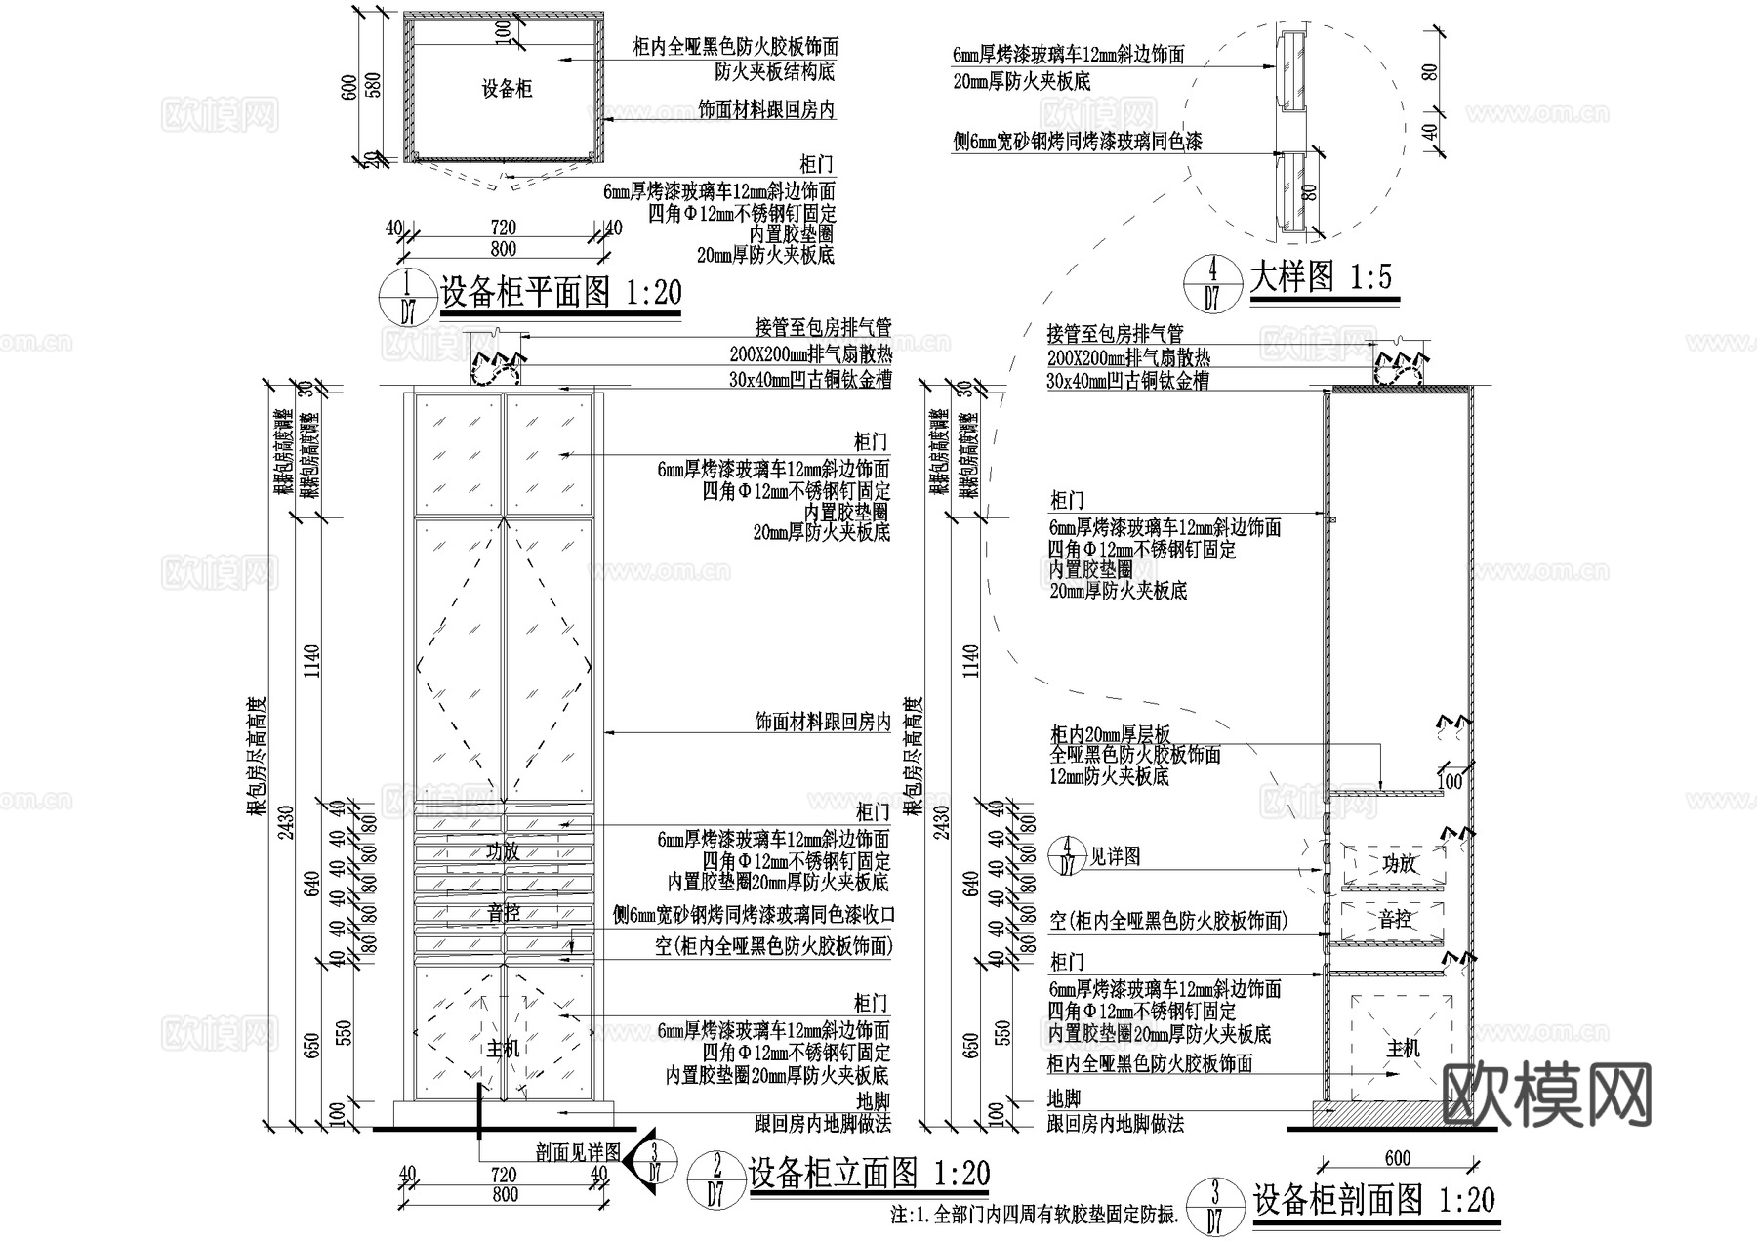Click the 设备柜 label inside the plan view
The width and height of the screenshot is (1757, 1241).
[507, 90]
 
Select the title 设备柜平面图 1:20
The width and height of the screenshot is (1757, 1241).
[560, 292]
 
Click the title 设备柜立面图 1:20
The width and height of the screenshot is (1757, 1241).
[869, 1174]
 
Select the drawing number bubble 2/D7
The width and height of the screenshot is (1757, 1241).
[717, 1180]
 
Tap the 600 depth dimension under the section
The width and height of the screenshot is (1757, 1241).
[1398, 1158]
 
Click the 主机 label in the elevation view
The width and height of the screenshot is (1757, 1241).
[504, 1049]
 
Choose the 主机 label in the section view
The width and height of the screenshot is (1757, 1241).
[1403, 1049]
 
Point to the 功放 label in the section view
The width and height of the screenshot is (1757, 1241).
[1399, 863]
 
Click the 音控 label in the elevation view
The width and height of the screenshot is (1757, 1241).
[504, 913]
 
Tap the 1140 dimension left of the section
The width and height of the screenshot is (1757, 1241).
[970, 662]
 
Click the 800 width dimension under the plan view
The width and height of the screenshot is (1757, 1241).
[503, 249]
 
